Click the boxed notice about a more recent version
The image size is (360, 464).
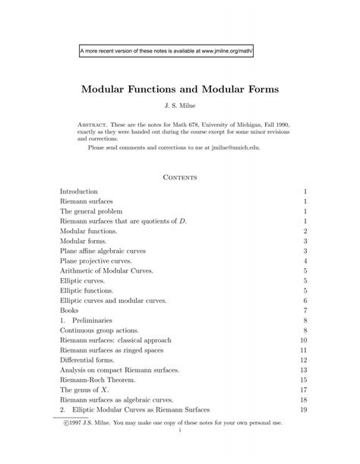[166, 52]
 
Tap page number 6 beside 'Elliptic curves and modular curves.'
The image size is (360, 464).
[305, 300]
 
